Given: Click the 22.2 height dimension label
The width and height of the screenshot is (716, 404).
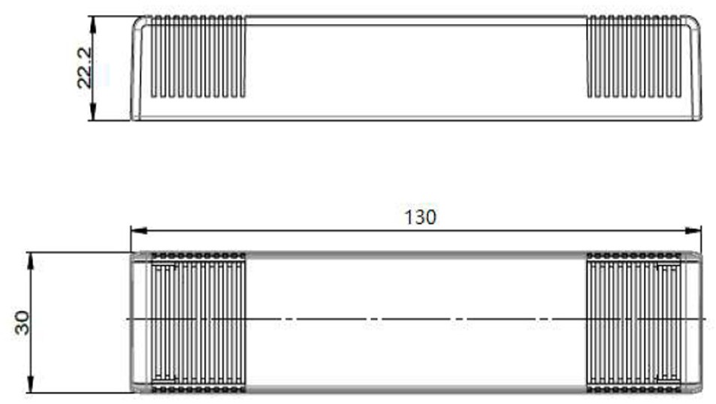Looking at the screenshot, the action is [x=85, y=68].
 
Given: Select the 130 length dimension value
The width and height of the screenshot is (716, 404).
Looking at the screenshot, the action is [x=420, y=217].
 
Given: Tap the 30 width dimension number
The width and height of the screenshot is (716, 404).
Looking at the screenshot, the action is [x=22, y=322].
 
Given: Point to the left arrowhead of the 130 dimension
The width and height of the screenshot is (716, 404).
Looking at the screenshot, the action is [x=139, y=231].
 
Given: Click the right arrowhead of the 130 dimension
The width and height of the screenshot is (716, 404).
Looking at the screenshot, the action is [x=693, y=231].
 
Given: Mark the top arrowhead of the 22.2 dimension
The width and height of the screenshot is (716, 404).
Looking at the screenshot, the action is [x=92, y=24].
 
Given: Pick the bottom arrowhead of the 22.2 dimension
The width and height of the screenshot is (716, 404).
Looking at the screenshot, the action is [x=92, y=113].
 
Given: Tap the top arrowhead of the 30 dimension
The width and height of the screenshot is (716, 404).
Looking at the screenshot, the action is [x=31, y=261].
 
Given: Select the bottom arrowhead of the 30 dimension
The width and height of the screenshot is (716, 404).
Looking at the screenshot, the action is [x=31, y=384].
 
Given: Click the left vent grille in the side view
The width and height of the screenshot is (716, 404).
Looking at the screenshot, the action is [x=198, y=56].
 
